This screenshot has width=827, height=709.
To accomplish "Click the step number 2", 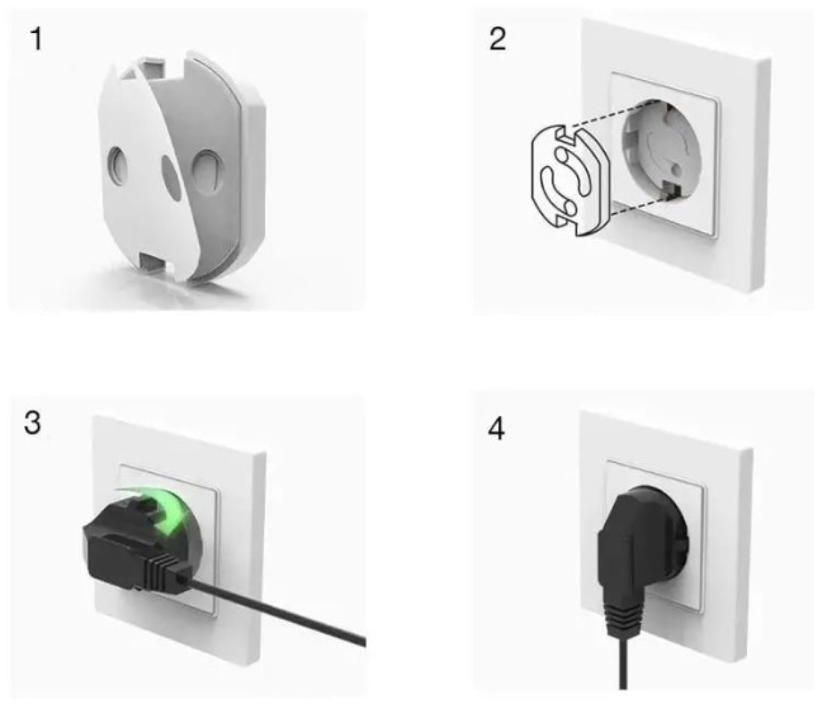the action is [x=498, y=39].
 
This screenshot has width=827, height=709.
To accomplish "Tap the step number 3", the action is [x=32, y=423].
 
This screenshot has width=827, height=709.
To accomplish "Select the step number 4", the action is [x=496, y=429].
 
